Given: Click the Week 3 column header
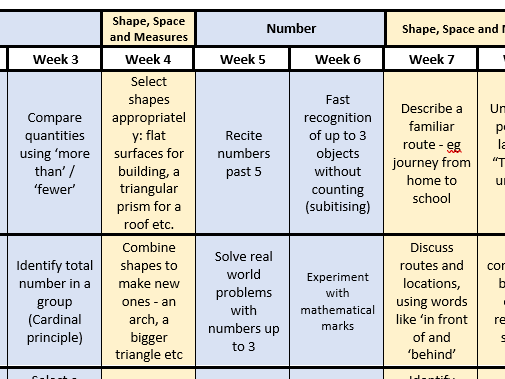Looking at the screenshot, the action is (54, 59).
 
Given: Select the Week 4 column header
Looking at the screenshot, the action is (148, 59).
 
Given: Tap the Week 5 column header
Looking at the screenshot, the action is (242, 59).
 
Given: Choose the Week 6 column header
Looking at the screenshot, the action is (336, 59).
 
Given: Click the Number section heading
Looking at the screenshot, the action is (289, 29).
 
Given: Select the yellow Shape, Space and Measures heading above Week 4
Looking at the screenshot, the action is (148, 29).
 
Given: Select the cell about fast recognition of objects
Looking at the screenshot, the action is (336, 153).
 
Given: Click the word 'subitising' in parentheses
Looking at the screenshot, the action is (336, 207).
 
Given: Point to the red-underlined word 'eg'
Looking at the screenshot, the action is (432, 126).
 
